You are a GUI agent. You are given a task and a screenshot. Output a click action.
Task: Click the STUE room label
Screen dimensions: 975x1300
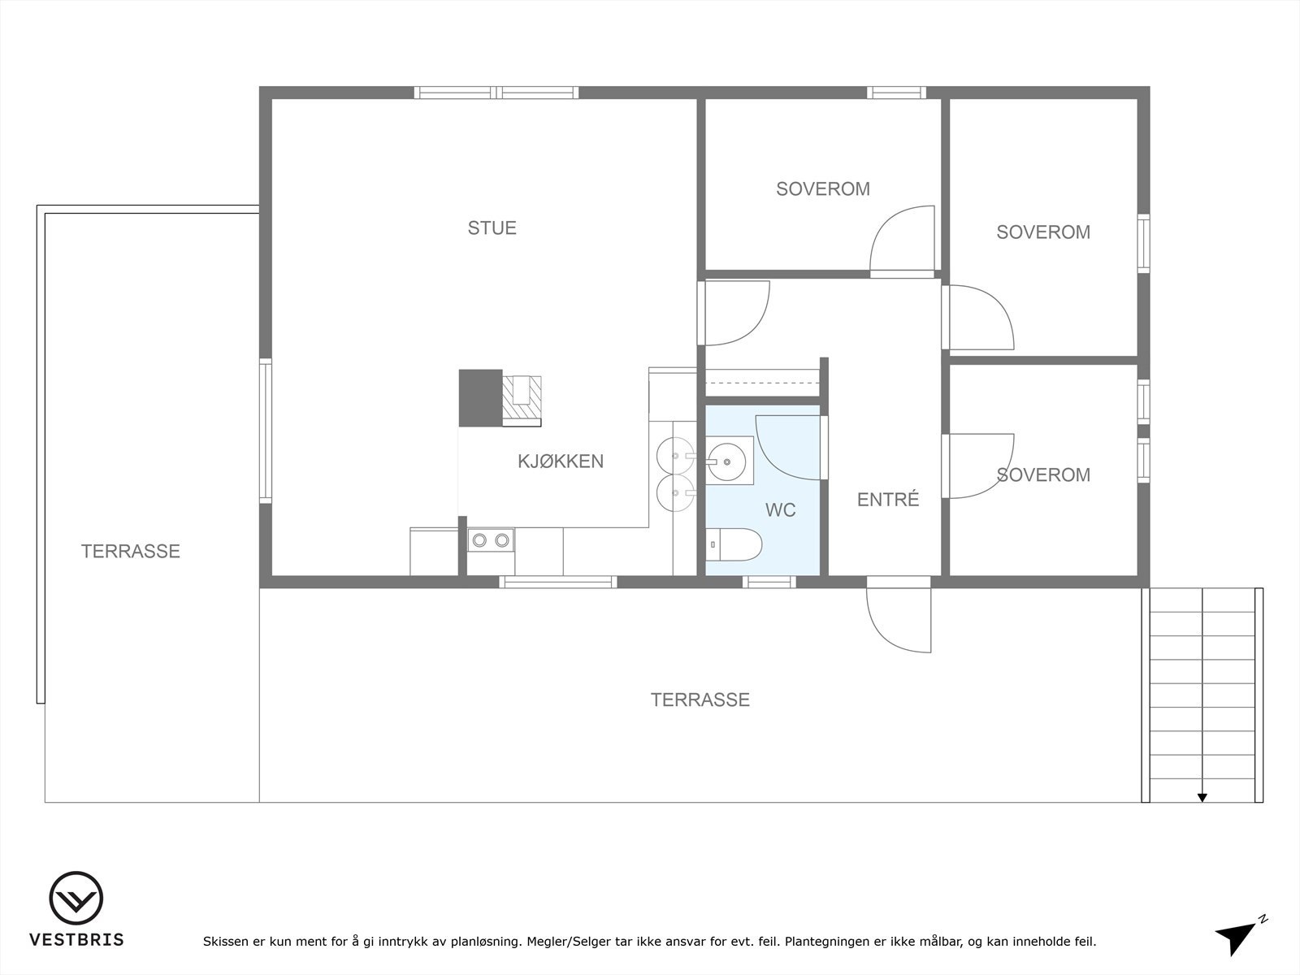492,228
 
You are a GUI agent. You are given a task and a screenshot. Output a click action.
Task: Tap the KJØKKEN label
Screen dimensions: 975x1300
561,461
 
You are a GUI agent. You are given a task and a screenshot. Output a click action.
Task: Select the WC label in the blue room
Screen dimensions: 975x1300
780,510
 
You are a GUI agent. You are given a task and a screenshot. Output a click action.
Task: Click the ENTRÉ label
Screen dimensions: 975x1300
888,500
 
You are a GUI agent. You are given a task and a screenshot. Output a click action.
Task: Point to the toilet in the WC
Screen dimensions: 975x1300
732,544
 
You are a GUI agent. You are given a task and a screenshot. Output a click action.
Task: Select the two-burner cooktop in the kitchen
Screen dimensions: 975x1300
491,539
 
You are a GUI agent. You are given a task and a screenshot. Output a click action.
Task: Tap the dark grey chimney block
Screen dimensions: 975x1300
480,397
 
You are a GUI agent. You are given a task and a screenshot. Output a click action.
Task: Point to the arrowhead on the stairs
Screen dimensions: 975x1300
1202,797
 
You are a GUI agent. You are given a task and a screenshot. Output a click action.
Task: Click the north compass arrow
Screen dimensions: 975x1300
1237,937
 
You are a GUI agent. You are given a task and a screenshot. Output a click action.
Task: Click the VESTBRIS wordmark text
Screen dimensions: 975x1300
76,940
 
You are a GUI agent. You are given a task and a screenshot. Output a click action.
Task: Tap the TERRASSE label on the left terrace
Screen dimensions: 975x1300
130,552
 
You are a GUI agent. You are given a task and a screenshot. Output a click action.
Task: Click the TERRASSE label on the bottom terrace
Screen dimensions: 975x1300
700,700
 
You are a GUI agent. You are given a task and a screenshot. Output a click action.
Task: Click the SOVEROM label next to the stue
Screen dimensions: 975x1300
822,189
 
